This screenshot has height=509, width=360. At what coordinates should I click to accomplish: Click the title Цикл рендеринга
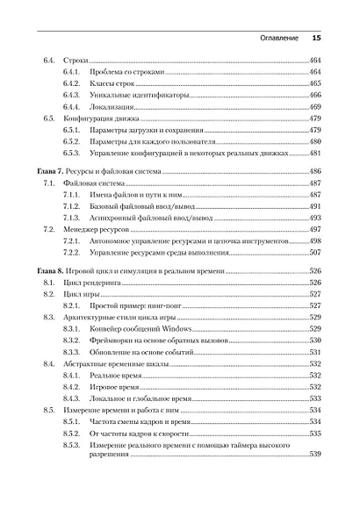[x=93, y=283]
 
